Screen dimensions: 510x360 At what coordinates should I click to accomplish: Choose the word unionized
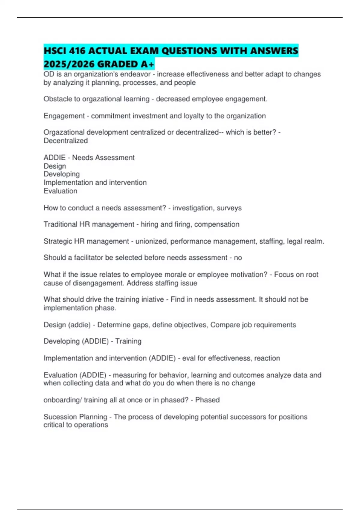tap(151, 241)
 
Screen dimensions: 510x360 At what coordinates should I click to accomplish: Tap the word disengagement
tap(98, 283)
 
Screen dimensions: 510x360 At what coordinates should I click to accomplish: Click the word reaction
tap(267, 358)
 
